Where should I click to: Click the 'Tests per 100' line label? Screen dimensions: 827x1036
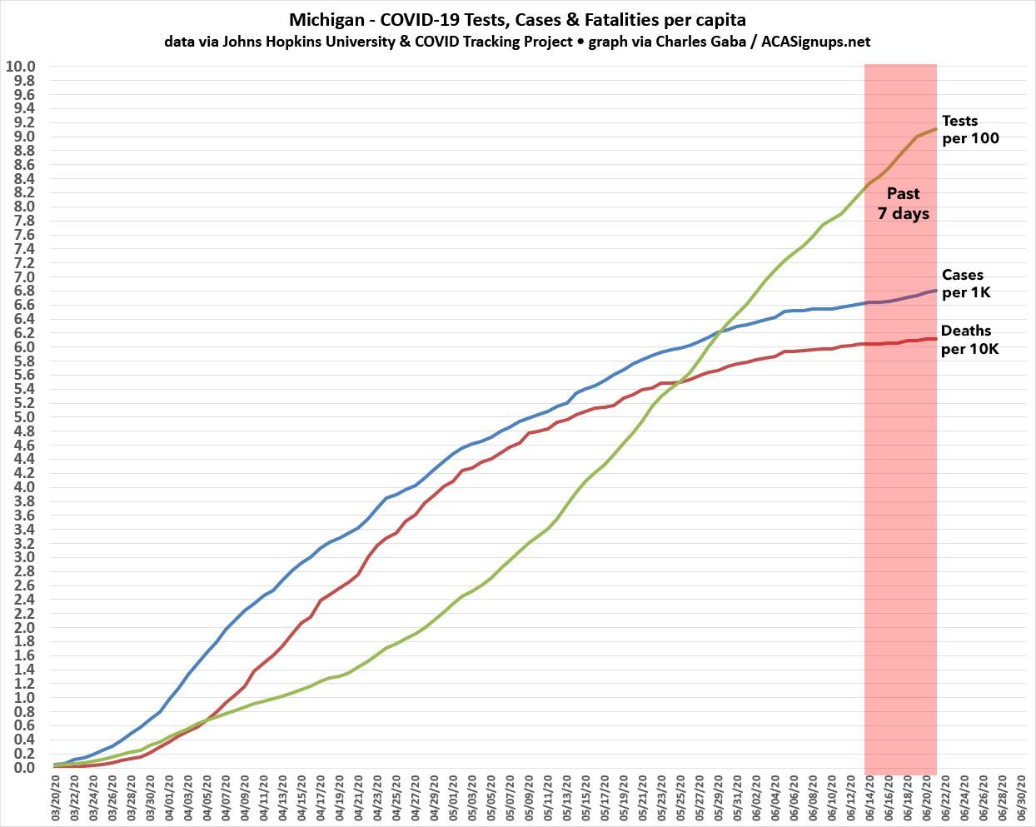tap(970, 130)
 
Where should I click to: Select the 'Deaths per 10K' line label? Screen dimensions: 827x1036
tap(969, 340)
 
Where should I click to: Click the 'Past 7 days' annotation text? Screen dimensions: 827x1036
tap(903, 203)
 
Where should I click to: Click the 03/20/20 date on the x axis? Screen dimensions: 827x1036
tap(56, 800)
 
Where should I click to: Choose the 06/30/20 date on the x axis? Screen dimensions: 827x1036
tap(1017, 800)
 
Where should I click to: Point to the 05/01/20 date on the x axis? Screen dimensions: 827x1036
tap(452, 800)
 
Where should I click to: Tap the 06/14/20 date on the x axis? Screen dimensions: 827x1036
tap(866, 800)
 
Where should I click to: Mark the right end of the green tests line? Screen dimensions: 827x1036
tap(937, 129)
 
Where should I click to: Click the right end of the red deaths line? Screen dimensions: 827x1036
tap(937, 339)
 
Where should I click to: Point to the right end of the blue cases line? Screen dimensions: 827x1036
tap(937, 291)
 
